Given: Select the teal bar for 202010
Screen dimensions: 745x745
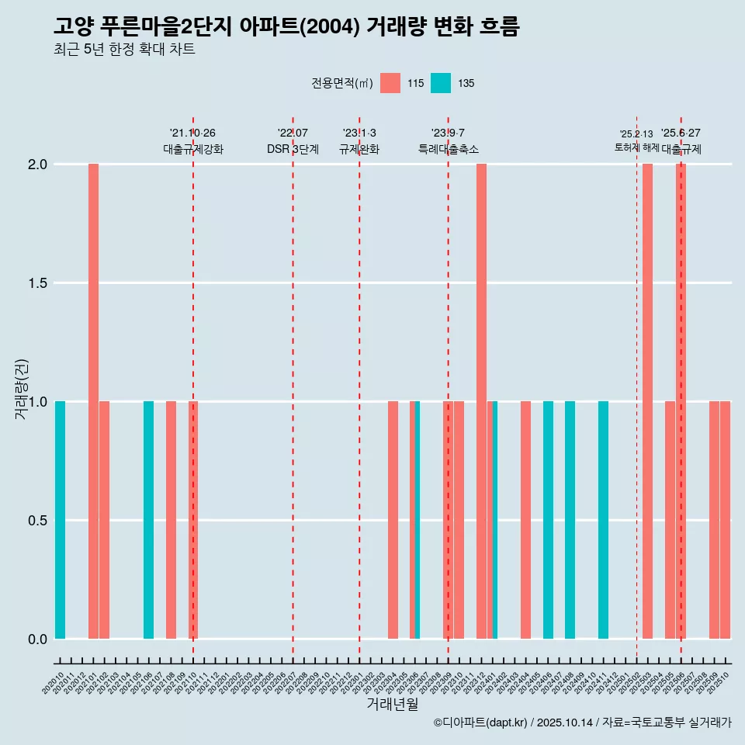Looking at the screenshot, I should pos(60,520).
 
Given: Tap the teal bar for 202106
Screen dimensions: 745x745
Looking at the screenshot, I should pos(148,520).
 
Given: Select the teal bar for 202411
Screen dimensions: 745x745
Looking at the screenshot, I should pos(603,520).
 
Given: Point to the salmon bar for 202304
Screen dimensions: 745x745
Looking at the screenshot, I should pos(393,520).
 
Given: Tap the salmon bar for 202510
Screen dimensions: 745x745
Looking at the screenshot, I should pos(725,520).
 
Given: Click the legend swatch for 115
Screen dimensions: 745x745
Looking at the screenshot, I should pos(390,83).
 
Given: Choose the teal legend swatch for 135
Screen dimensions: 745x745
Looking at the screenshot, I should pos(441,83).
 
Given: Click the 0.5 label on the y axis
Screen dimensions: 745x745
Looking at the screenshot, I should pos(36,520).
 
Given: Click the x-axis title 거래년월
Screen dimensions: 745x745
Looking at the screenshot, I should pos(392,704).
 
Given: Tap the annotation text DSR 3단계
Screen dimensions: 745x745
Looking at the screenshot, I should pos(293,149).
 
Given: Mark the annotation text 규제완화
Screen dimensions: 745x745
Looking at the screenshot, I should pos(359,149).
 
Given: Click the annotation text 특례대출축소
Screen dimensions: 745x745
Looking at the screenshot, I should pos(448,149).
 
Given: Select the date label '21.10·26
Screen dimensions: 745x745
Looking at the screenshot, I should pos(192,133).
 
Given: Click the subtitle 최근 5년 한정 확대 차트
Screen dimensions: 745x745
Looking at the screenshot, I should pos(124,50).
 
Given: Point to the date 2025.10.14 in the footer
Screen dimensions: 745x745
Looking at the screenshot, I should pos(565,722).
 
